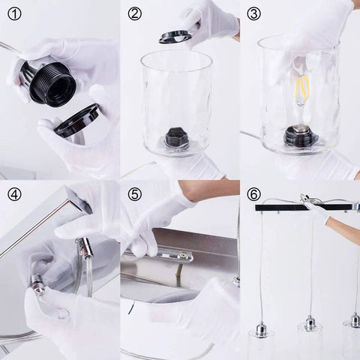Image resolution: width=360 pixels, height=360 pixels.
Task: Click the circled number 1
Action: (x=14, y=14)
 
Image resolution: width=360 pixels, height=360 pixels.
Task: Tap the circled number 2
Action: (x=135, y=14)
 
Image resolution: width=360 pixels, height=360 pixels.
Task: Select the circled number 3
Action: (x=253, y=14)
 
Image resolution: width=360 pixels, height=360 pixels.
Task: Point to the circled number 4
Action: (x=14, y=194)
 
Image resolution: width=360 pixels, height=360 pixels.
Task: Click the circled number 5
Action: (x=135, y=194)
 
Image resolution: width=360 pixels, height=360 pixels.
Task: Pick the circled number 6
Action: (x=253, y=194)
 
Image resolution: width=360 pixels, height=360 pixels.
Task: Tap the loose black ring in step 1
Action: (x=77, y=121)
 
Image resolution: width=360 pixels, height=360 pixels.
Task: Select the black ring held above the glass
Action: (x=175, y=37)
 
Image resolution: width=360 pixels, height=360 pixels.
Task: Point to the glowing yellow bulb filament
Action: (x=302, y=88)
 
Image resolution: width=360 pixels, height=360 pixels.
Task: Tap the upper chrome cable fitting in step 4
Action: (x=85, y=248)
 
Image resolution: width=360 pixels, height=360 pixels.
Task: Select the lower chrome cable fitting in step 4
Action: (x=37, y=282)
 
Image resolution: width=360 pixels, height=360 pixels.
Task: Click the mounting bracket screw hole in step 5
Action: (x=183, y=256)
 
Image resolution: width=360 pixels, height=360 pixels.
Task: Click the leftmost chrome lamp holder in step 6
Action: (x=260, y=330)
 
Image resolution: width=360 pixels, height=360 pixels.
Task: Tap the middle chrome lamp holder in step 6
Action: (x=310, y=323)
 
